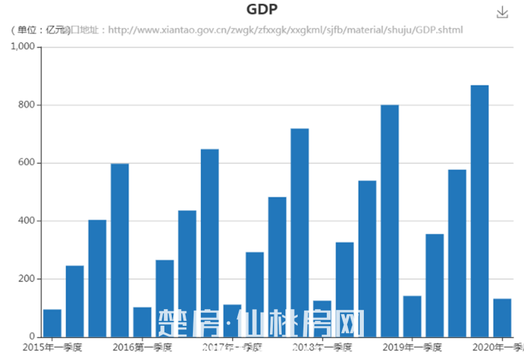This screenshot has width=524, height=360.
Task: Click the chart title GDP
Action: pos(262,9)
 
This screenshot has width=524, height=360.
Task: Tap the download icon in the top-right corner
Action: pos(502,12)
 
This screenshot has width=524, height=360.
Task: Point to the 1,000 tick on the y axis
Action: pos(23,47)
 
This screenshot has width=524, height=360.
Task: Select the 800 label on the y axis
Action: pos(27,105)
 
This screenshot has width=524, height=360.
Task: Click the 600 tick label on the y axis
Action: pos(27,163)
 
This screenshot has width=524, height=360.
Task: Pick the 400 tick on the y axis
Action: pos(27,221)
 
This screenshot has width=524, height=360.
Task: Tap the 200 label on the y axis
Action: pos(27,279)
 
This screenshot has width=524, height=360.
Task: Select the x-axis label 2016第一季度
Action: pos(143,347)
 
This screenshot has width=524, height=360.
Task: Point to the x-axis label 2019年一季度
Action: pos(412,347)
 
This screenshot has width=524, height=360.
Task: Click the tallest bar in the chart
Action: pos(480,211)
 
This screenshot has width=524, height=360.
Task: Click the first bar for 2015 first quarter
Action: pos(52,323)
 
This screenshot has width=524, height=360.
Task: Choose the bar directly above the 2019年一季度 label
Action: pos(412,316)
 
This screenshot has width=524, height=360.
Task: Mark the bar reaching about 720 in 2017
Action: pos(300,232)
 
